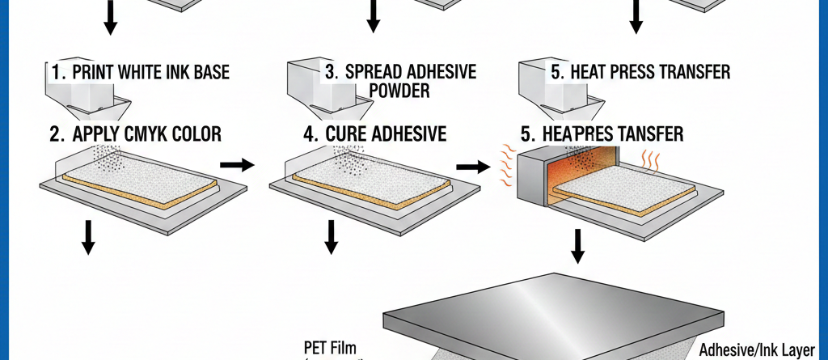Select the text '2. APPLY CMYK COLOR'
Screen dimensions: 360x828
[135, 133]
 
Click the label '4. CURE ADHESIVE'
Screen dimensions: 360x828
[375, 133]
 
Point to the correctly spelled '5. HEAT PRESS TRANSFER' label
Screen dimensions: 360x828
[640, 72]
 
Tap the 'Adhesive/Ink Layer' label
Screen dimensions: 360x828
[761, 350]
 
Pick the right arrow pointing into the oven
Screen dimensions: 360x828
[473, 167]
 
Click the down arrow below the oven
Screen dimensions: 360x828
[577, 246]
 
